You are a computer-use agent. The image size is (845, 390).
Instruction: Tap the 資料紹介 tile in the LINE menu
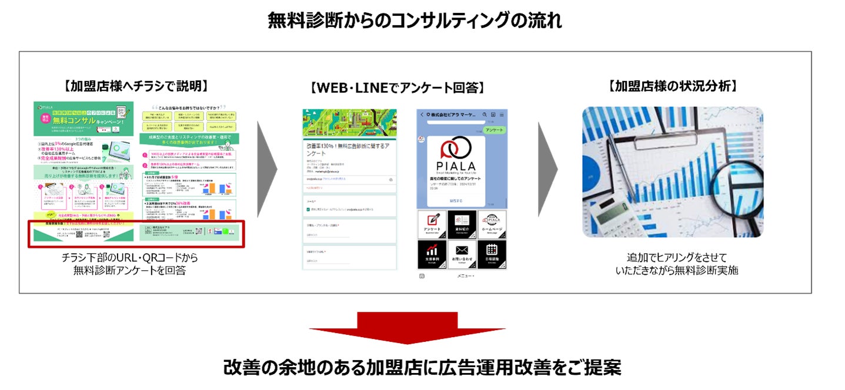coord(462,224)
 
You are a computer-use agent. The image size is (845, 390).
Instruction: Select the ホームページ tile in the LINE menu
coord(492,224)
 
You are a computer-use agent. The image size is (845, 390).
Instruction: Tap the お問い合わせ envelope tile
coord(462,254)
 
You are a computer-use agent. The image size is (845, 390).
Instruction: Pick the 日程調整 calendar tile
coord(492,254)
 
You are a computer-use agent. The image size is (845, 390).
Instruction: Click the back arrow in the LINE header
coord(422,115)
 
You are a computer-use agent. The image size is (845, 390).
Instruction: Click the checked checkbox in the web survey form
coord(309,209)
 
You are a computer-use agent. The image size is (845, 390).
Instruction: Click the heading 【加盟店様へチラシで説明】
coord(136,86)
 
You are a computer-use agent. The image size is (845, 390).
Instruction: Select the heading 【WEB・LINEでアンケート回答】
coord(398,89)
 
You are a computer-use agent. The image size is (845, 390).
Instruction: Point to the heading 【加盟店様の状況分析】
coord(673,86)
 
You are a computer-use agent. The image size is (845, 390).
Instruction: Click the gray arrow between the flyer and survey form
coord(268,170)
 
